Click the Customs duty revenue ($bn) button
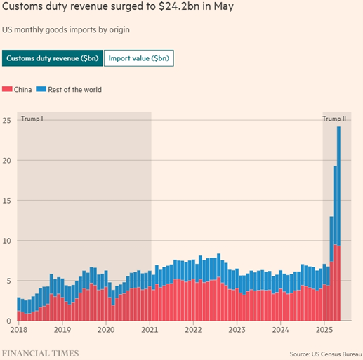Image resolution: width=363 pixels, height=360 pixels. pos(53,58)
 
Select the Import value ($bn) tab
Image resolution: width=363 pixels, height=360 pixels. pos(138,58)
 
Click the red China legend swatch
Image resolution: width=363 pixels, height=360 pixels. pos(7,89)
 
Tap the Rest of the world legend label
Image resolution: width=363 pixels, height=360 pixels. pos(74,89)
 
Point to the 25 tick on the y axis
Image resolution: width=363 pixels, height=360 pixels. pos(6,120)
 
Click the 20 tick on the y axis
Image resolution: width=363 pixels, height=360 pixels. pos(6,160)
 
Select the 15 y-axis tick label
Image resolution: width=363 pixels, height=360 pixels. pos(6,200)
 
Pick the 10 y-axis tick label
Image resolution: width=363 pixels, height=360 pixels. pos(6,240)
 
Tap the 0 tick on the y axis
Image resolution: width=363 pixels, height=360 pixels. pos(8,321)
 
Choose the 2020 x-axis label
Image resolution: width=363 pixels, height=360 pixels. pos(105,329)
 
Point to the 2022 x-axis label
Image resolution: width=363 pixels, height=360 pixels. pos(193,329)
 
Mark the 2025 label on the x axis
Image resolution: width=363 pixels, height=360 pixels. pos(324,329)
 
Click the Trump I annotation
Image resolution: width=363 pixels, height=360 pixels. pos(32,119)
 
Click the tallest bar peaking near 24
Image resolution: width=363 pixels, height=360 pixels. pos(338,211)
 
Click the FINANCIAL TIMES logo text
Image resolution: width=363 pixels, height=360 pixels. pos(39,353)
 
